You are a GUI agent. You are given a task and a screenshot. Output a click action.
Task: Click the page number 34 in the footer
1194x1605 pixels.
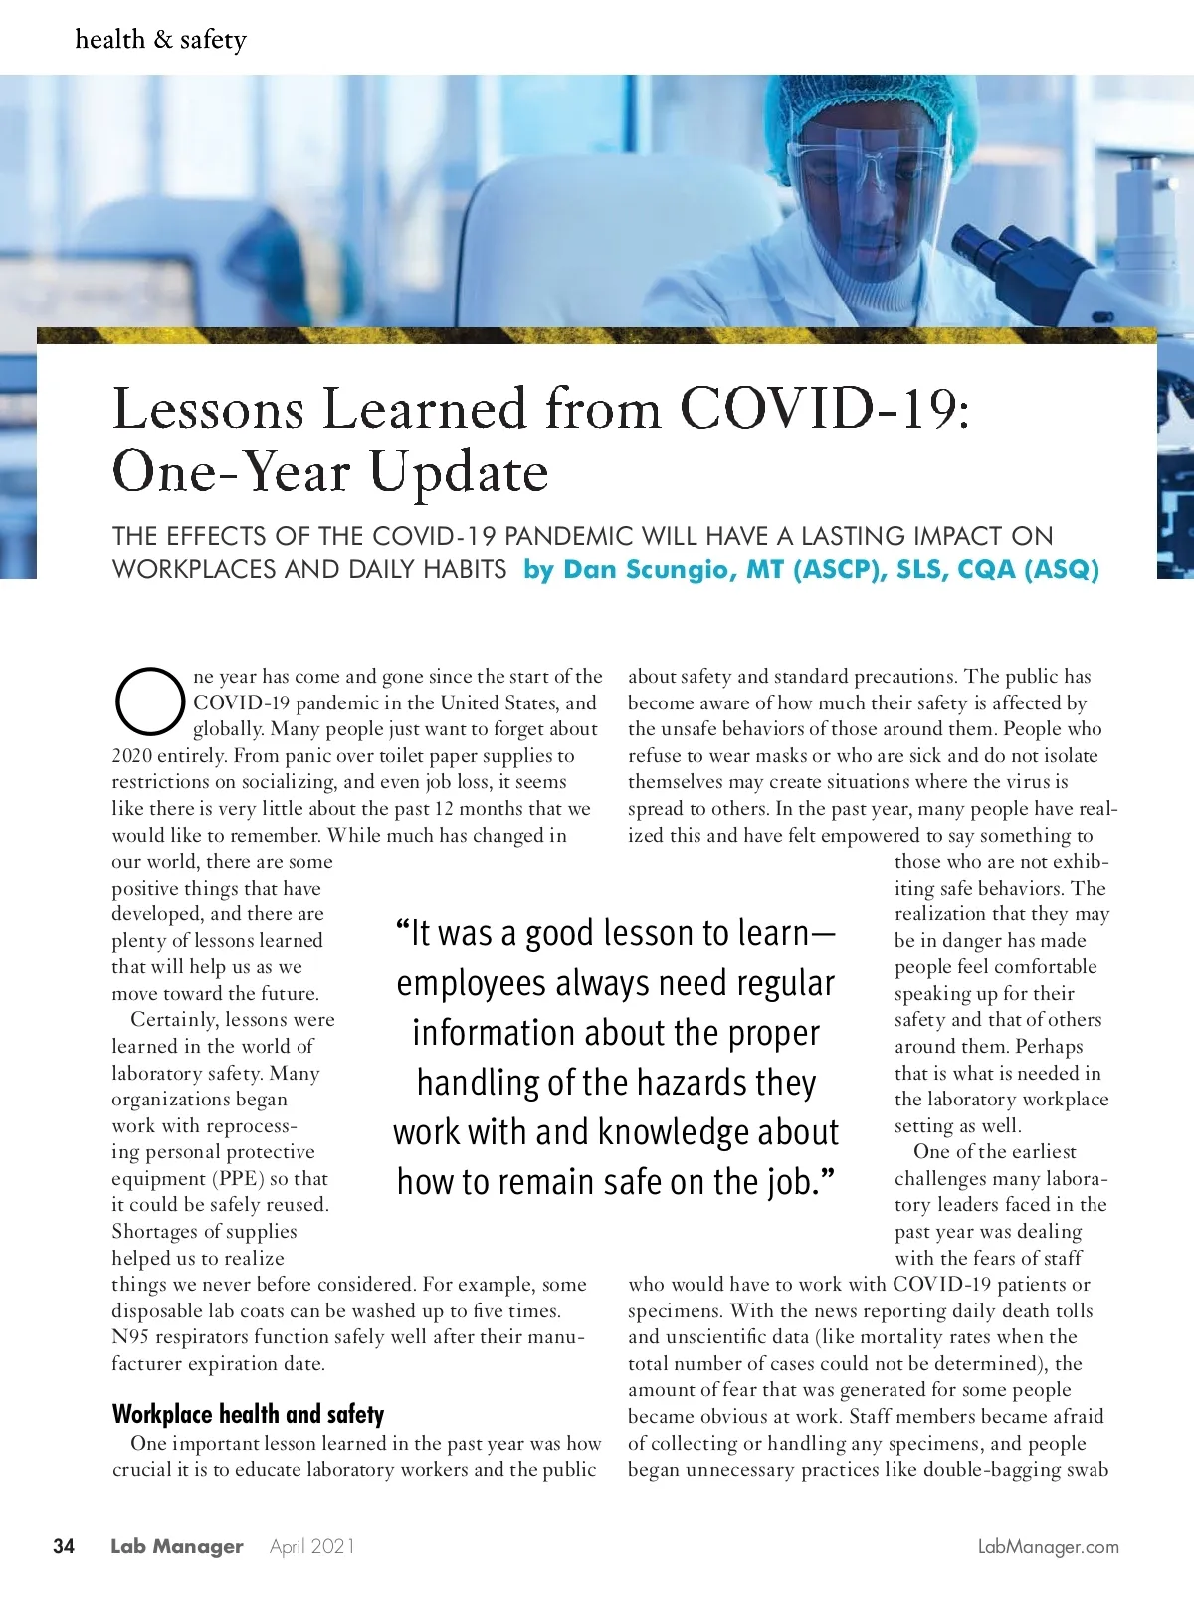[x=64, y=1546]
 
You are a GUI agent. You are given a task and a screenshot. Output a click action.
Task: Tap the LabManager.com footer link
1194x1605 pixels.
[x=1048, y=1547]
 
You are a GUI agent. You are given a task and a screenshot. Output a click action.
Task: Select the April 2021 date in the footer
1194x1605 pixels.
[x=311, y=1546]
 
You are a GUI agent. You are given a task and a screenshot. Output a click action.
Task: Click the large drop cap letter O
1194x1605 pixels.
[x=149, y=700]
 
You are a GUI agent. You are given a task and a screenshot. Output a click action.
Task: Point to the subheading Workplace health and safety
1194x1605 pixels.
[x=248, y=1414]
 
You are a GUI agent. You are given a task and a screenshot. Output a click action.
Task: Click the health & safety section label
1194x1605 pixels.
[x=160, y=40]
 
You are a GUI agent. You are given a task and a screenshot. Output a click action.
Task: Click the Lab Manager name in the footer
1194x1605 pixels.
[x=176, y=1546]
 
